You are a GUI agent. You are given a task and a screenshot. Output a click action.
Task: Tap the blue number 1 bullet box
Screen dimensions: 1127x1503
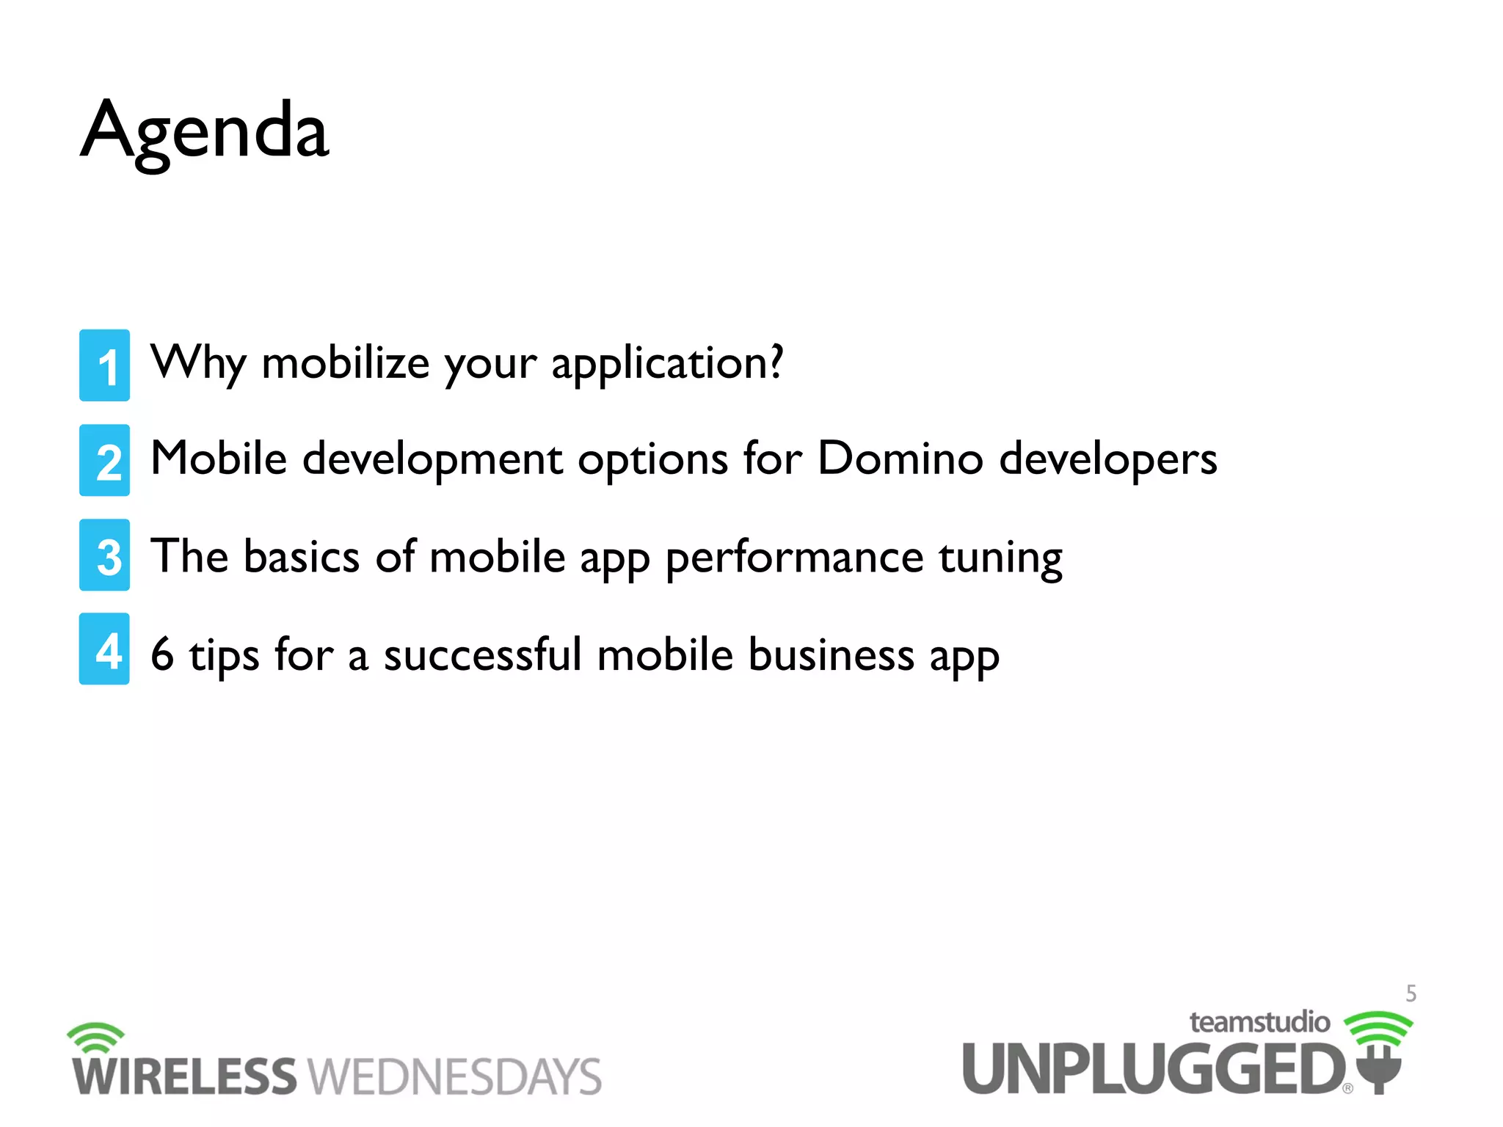click(105, 365)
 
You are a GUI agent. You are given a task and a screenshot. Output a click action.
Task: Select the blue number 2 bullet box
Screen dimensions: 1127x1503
click(105, 460)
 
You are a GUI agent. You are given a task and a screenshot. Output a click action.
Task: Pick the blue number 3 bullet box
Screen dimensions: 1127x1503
click(105, 555)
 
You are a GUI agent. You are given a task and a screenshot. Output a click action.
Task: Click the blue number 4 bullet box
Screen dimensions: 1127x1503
click(105, 649)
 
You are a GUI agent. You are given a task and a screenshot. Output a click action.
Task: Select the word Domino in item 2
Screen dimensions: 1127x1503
click(900, 459)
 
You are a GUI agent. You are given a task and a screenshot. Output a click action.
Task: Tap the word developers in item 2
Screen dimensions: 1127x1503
click(1108, 459)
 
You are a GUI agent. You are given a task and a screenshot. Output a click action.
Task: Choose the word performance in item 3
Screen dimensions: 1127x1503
click(794, 558)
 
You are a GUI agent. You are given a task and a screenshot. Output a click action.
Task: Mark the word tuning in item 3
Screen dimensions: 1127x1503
click(1000, 558)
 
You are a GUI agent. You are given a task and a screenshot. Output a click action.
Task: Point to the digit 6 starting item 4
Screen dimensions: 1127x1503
click(162, 654)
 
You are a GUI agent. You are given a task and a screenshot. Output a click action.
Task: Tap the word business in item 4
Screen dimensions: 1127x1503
click(831, 654)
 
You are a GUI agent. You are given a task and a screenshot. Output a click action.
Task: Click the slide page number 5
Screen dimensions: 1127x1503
click(1411, 993)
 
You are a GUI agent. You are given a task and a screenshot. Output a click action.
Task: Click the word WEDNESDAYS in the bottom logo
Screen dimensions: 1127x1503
click(455, 1077)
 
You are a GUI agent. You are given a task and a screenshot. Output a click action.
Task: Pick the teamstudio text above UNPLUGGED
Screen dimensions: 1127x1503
click(1259, 1022)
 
